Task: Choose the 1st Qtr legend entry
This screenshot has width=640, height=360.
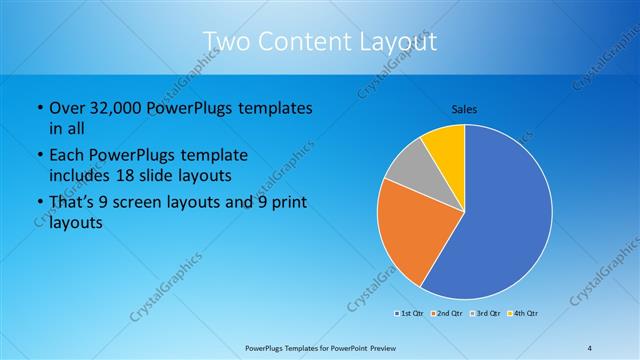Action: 409,314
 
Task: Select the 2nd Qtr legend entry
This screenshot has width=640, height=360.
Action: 446,314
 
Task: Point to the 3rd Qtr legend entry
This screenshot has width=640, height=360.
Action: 484,314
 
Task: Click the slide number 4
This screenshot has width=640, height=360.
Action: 589,347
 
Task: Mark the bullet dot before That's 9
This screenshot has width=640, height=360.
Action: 38,204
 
